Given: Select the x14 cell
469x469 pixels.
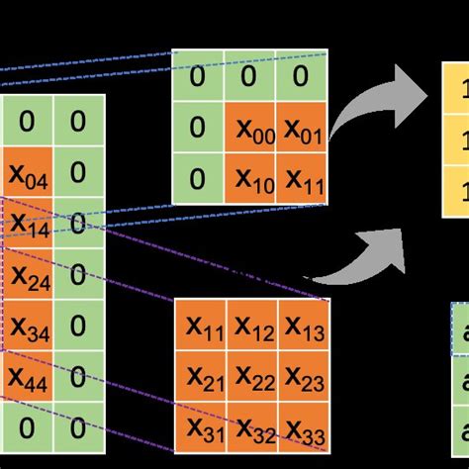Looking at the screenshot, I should pos(28,225).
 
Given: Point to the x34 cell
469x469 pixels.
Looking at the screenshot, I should pos(28,326).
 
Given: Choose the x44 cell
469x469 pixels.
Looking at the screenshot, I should pos(28,376).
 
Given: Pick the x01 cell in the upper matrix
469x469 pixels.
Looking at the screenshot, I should pos(302,127).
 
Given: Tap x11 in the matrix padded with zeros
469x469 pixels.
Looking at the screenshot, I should pos(302,178).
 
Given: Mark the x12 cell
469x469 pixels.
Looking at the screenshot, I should pos(252,325).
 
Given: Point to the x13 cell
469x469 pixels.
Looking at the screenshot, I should pos(304,325).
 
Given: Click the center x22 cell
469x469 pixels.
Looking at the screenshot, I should pos(252,376).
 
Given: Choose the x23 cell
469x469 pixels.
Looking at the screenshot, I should pos(304,376).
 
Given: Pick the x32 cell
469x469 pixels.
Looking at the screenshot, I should pos(252,427).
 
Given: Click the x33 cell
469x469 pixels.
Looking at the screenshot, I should pos(304,427).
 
